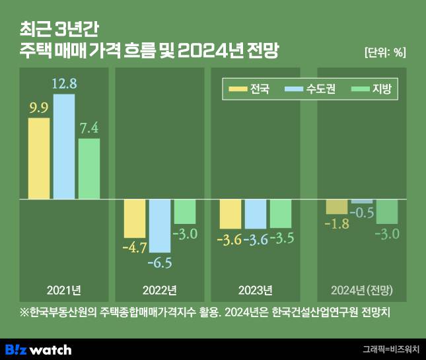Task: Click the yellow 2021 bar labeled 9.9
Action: [39, 158]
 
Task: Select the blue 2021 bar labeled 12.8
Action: [64, 146]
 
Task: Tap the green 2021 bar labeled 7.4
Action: [89, 168]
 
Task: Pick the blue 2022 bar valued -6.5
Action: [160, 225]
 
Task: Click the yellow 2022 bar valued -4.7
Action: [135, 218]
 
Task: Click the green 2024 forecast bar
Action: [386, 211]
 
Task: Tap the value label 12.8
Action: [64, 84]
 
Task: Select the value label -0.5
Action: [361, 213]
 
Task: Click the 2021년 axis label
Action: [64, 290]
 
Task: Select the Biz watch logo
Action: [38, 349]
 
